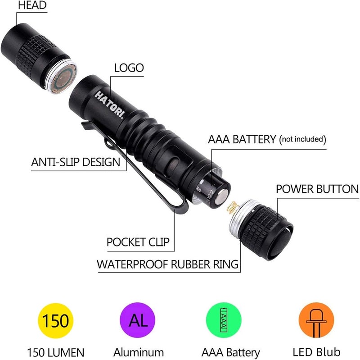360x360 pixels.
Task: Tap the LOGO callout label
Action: pyautogui.click(x=129, y=68)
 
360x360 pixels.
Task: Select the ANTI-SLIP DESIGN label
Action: pyautogui.click(x=76, y=162)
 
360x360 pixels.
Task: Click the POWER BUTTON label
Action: pyautogui.click(x=317, y=189)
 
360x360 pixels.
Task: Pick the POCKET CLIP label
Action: pyautogui.click(x=138, y=242)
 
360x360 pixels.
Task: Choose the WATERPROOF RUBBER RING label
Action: pyautogui.click(x=167, y=264)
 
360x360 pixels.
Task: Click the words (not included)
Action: pyautogui.click(x=302, y=140)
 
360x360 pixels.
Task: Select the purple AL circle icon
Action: pyautogui.click(x=138, y=321)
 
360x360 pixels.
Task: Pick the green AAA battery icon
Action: pyautogui.click(x=223, y=321)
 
